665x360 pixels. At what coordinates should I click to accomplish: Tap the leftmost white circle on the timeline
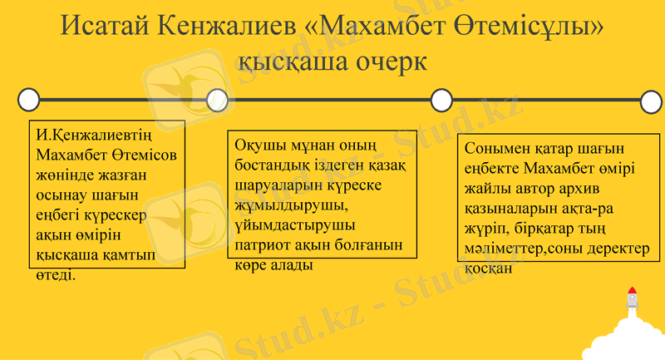(x=28, y=100)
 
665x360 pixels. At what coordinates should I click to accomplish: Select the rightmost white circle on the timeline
(x=653, y=100)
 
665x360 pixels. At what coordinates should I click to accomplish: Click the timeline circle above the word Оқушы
(x=216, y=100)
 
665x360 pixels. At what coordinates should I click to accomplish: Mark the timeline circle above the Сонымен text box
(x=441, y=100)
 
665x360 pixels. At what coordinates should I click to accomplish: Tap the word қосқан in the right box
(x=490, y=268)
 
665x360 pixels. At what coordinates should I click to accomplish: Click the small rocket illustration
(x=632, y=298)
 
